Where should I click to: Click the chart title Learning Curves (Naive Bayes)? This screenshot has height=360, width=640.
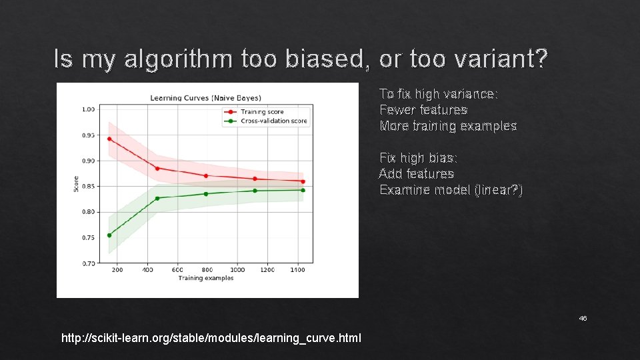pos(205,98)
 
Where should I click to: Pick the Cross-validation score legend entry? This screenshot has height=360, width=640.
pos(273,121)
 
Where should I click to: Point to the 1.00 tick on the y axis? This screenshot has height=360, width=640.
pos(87,109)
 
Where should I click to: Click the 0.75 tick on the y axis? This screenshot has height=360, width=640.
pos(87,238)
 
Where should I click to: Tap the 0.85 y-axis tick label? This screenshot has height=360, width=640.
pos(87,186)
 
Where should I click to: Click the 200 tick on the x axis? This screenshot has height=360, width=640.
pos(117,270)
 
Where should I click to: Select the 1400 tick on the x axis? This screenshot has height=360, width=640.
pos(297,270)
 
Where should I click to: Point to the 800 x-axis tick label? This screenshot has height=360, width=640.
pos(207,270)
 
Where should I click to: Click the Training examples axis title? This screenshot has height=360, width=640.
pos(206,278)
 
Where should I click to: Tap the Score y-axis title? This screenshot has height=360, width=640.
pos(76,184)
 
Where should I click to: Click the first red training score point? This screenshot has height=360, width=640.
pos(109,139)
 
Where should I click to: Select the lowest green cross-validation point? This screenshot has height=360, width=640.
pos(109,235)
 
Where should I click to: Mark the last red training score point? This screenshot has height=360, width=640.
pos(303,181)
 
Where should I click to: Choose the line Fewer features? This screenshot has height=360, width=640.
pos(423,109)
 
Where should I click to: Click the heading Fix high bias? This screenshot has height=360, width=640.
pos(419,158)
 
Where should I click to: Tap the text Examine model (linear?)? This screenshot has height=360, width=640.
pos(451,190)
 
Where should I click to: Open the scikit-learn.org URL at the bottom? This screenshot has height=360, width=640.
pos(211,338)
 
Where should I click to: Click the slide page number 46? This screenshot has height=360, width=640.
pos(583,319)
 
